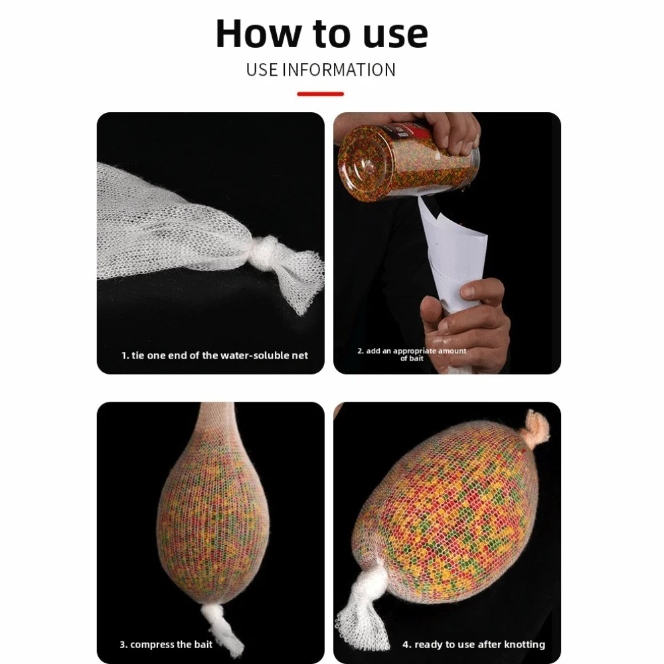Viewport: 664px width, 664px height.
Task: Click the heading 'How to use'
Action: [322, 33]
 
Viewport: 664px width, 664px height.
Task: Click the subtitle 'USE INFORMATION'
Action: [321, 70]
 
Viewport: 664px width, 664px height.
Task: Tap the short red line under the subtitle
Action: [321, 94]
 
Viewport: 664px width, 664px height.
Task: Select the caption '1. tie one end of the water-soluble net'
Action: [214, 355]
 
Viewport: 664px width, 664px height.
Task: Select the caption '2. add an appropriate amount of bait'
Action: [412, 355]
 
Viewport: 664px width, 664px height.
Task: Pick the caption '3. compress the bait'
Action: [166, 645]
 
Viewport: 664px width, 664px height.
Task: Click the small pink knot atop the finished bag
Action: [537, 428]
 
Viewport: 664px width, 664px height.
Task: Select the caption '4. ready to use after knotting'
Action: [474, 645]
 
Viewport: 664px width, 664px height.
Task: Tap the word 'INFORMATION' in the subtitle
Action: [339, 70]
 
